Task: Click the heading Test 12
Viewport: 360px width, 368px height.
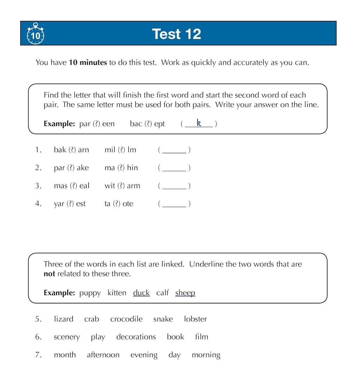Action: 176,34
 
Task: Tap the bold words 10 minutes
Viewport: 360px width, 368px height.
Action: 88,62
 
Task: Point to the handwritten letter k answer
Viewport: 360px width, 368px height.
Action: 199,123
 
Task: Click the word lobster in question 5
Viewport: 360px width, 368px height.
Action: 195,319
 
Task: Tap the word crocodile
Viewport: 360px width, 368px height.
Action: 126,319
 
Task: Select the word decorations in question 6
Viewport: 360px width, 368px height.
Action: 136,337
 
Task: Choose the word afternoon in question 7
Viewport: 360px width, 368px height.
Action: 103,355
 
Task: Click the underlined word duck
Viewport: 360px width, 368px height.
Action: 141,293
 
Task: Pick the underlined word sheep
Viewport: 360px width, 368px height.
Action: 185,293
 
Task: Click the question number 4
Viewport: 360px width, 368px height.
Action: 38,204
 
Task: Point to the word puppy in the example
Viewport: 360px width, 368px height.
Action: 90,293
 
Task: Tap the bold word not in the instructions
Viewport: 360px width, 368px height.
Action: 49,274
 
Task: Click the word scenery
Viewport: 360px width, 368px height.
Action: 67,337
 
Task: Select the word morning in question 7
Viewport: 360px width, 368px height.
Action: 206,355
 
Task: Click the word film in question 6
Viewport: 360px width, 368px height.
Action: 202,337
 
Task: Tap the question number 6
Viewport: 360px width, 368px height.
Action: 38,337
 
